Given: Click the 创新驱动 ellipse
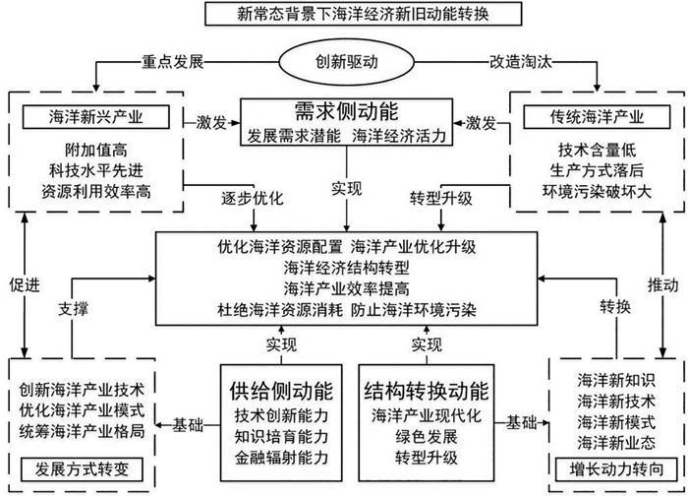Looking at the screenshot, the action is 347,61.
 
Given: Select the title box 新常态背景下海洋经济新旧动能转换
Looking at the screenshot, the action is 363,14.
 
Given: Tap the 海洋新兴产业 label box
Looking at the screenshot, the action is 95,117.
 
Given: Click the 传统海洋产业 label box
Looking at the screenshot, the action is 597,117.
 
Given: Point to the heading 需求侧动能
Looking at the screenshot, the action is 347,111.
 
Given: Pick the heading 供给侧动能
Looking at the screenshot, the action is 281,391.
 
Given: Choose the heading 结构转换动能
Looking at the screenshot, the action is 426,391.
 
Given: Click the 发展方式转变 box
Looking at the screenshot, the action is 82,469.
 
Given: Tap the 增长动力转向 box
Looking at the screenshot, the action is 616,469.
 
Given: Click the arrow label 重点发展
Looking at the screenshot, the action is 172,62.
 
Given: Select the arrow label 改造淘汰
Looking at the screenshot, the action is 521,62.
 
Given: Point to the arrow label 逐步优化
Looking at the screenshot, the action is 253,199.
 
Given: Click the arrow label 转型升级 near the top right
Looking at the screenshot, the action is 441,199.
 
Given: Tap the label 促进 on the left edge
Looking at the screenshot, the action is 25,285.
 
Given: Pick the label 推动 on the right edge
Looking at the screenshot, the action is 663,285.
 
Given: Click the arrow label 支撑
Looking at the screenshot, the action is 74,309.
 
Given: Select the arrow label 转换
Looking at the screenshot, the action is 615,307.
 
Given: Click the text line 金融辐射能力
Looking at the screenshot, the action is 281,458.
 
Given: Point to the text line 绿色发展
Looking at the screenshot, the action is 426,436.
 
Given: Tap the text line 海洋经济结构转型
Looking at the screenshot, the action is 347,268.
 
